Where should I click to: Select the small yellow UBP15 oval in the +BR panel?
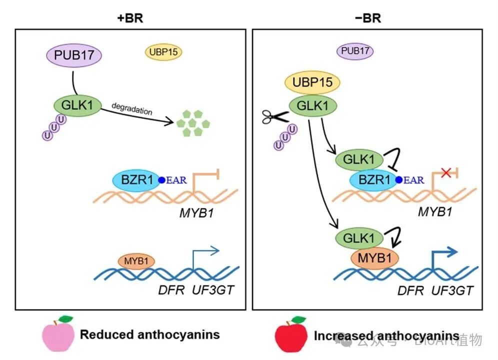[x=163, y=51]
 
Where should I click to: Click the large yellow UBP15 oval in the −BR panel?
[x=312, y=82]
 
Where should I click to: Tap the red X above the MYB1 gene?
[x=446, y=173]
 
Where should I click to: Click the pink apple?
[x=59, y=334]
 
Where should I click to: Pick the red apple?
[x=291, y=334]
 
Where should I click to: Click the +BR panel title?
[x=129, y=18]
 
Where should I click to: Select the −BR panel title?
[x=366, y=18]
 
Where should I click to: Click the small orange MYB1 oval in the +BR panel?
[x=135, y=261]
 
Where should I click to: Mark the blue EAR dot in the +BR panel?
[x=161, y=180]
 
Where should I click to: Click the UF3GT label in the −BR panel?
[x=452, y=290]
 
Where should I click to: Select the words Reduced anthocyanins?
[x=150, y=334]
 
